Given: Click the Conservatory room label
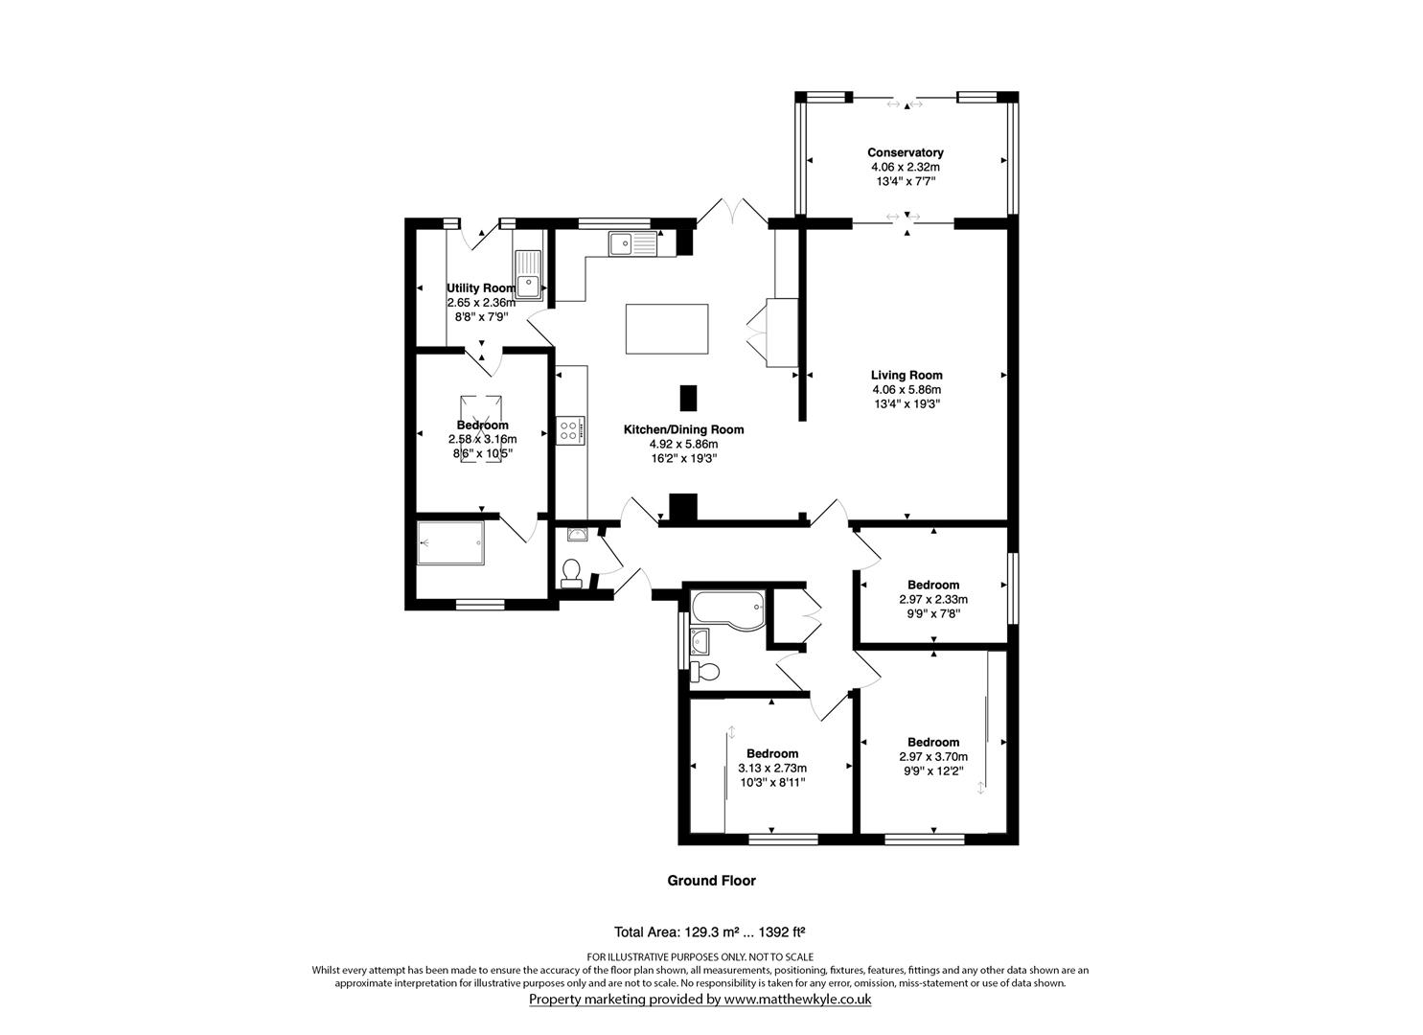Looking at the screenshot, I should tap(905, 152).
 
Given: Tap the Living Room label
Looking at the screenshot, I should tap(906, 375).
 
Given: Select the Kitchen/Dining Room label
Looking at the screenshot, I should tap(683, 429).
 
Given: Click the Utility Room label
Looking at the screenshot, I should tap(481, 287).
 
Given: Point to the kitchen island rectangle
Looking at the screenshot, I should tap(666, 329).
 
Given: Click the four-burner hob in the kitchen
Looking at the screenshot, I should tap(569, 430).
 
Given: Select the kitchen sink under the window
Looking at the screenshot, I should tap(631, 243).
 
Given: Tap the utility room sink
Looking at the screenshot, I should tap(528, 273).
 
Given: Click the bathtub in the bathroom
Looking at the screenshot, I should tap(727, 609).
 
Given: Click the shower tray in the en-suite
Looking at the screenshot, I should tap(451, 543).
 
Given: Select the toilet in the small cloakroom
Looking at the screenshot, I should tap(571, 571).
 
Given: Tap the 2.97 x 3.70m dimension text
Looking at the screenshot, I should tap(933, 756).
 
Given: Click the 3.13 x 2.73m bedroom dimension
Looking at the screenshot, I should tap(772, 768).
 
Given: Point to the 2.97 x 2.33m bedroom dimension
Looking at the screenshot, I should tap(933, 599).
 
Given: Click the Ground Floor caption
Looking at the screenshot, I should tap(711, 881).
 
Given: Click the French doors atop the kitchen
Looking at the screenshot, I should tap(731, 212).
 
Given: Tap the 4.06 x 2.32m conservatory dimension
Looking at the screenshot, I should tap(905, 167).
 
